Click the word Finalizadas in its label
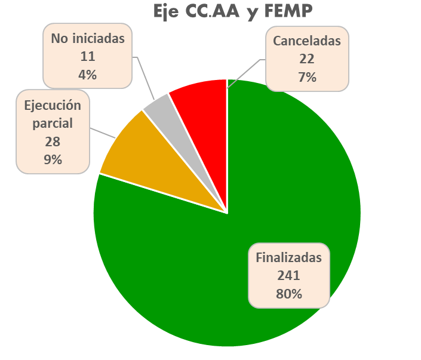289,259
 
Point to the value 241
288,276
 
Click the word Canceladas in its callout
307,41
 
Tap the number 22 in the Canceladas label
307,59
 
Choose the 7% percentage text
307,76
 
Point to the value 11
87,57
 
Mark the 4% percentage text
87,75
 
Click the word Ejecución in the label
53,106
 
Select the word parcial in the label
53,124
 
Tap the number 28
53,142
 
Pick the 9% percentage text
53,159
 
